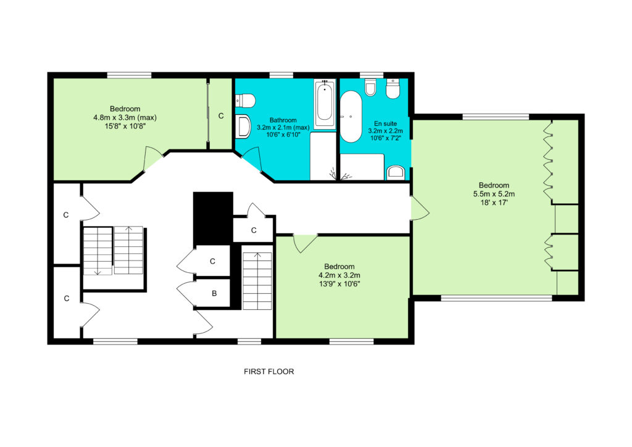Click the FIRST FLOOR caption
coord(269,372)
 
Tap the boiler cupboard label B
coord(214,293)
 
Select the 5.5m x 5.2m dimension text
coord(494,194)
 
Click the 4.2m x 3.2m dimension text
coord(339,275)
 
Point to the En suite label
coord(385,123)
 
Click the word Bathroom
coord(283,120)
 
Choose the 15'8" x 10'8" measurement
coord(125,127)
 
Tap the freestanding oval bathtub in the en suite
coord(351,117)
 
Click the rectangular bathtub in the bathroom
coord(325,104)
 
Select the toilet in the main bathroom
coord(245,101)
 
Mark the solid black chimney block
coord(213,218)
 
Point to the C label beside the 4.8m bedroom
coord(221,116)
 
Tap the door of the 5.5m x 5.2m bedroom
coord(420,208)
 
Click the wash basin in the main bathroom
coord(243,125)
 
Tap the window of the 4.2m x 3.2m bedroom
coord(351,342)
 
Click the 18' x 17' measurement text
coord(494,203)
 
